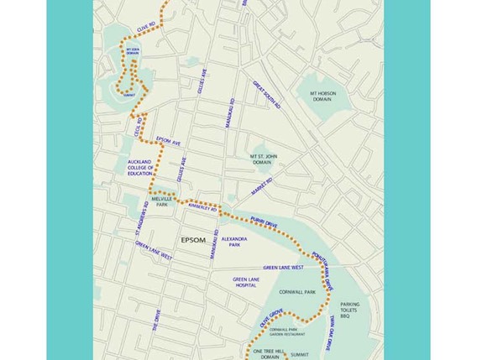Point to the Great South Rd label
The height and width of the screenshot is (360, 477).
coord(266,95)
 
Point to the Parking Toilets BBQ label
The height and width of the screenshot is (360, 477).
coord(349,311)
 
